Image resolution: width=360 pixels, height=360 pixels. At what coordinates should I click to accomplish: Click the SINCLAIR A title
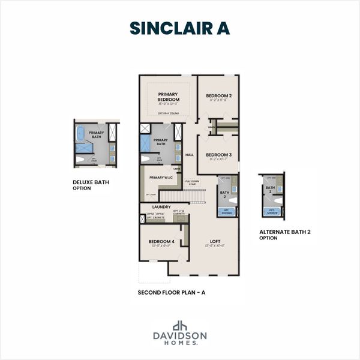179,28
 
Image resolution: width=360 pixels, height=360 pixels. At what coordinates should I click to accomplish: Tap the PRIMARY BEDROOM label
169,97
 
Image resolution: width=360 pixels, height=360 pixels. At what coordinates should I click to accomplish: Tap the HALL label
190,154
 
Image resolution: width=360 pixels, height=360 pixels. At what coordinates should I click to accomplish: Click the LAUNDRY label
161,207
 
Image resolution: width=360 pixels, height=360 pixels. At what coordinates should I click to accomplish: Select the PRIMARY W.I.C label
161,178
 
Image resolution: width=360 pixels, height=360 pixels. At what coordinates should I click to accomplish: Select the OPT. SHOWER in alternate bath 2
272,212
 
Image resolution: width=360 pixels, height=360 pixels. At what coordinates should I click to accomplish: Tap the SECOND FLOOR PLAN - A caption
171,293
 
